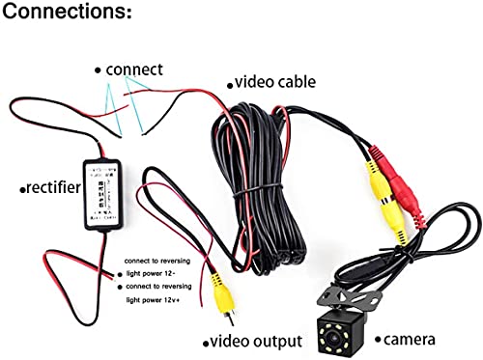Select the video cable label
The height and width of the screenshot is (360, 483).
pyautogui.click(x=275, y=83)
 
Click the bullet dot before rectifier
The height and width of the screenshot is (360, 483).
pyautogui.click(x=21, y=189)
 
